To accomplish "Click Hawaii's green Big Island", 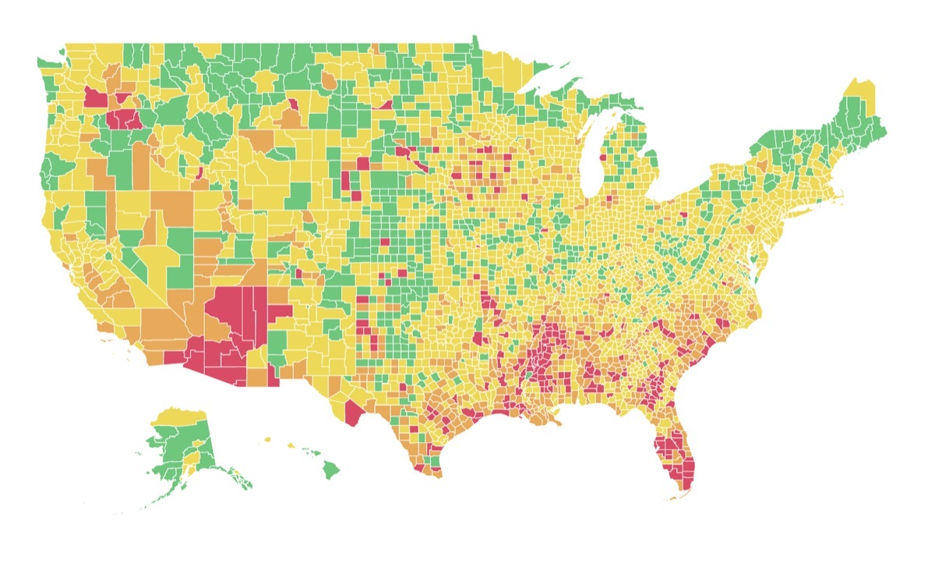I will click(x=330, y=470).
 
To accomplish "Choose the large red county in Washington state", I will click(x=95, y=98).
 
